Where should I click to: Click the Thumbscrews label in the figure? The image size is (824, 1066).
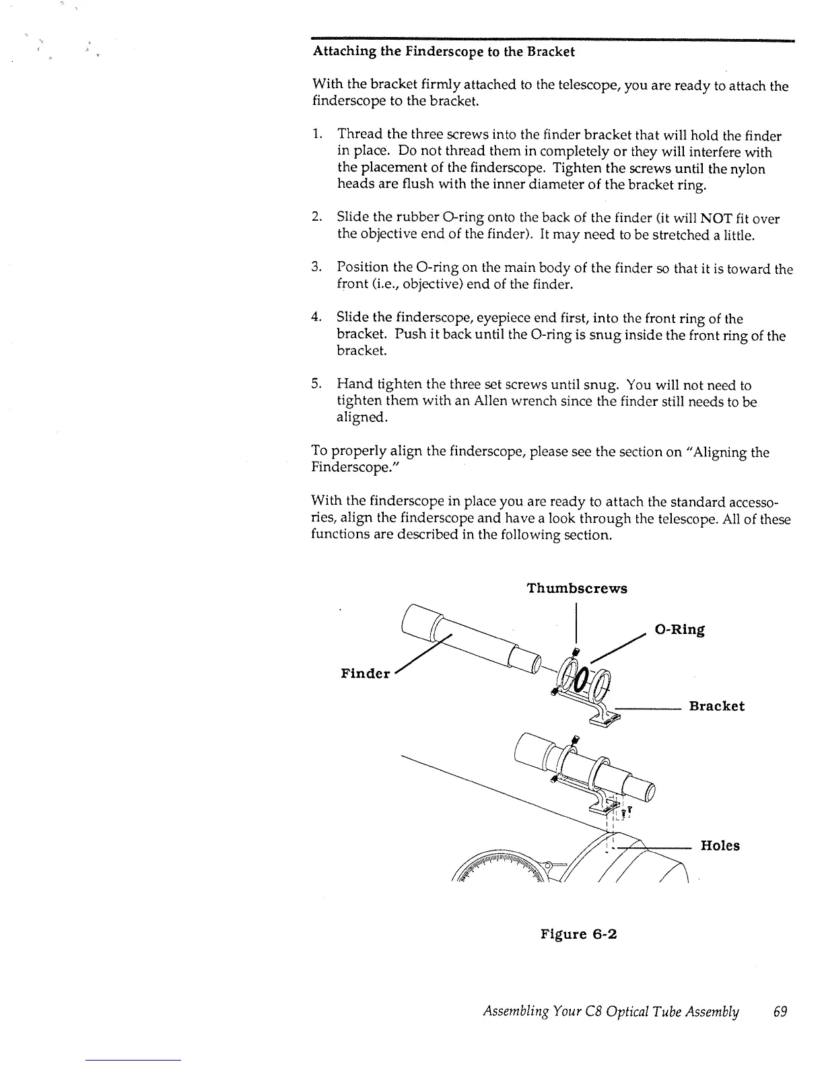[x=576, y=588]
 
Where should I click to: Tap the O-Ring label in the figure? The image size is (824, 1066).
[x=679, y=629]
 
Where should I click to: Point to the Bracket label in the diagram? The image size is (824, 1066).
[x=716, y=706]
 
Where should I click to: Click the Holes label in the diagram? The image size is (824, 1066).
[x=720, y=845]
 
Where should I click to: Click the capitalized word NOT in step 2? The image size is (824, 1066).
[x=700, y=219]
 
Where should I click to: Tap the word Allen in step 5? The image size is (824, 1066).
[x=454, y=402]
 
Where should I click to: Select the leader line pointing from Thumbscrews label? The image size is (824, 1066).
[x=576, y=626]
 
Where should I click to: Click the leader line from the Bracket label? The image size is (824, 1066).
[x=646, y=707]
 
